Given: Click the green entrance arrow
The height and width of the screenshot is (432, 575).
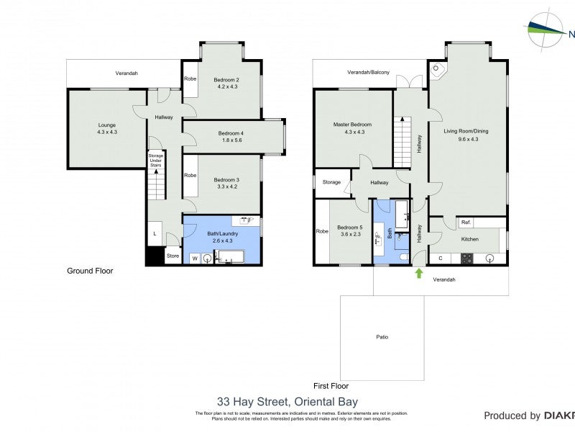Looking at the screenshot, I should pyautogui.click(x=418, y=273).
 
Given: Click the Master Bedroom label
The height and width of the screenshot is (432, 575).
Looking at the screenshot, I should pyautogui.click(x=352, y=125).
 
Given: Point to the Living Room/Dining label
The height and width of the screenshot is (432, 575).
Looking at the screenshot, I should pyautogui.click(x=466, y=130).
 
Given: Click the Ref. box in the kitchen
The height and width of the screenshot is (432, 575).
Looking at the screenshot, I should pyautogui.click(x=466, y=222).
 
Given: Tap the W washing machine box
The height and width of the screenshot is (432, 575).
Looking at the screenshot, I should pyautogui.click(x=194, y=258).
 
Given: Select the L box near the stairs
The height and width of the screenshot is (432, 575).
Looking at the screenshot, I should pyautogui.click(x=155, y=233).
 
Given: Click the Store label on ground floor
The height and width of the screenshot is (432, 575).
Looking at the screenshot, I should pyautogui.click(x=172, y=256).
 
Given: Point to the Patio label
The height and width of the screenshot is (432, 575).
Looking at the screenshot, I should pyautogui.click(x=382, y=336).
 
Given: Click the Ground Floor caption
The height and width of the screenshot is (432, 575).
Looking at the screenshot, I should pyautogui.click(x=90, y=271).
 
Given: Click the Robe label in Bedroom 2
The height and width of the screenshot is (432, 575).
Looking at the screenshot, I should pyautogui.click(x=190, y=78).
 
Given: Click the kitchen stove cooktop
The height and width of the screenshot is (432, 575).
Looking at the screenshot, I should pyautogui.click(x=466, y=258).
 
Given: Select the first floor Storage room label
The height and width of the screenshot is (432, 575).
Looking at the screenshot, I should pyautogui.click(x=331, y=182).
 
